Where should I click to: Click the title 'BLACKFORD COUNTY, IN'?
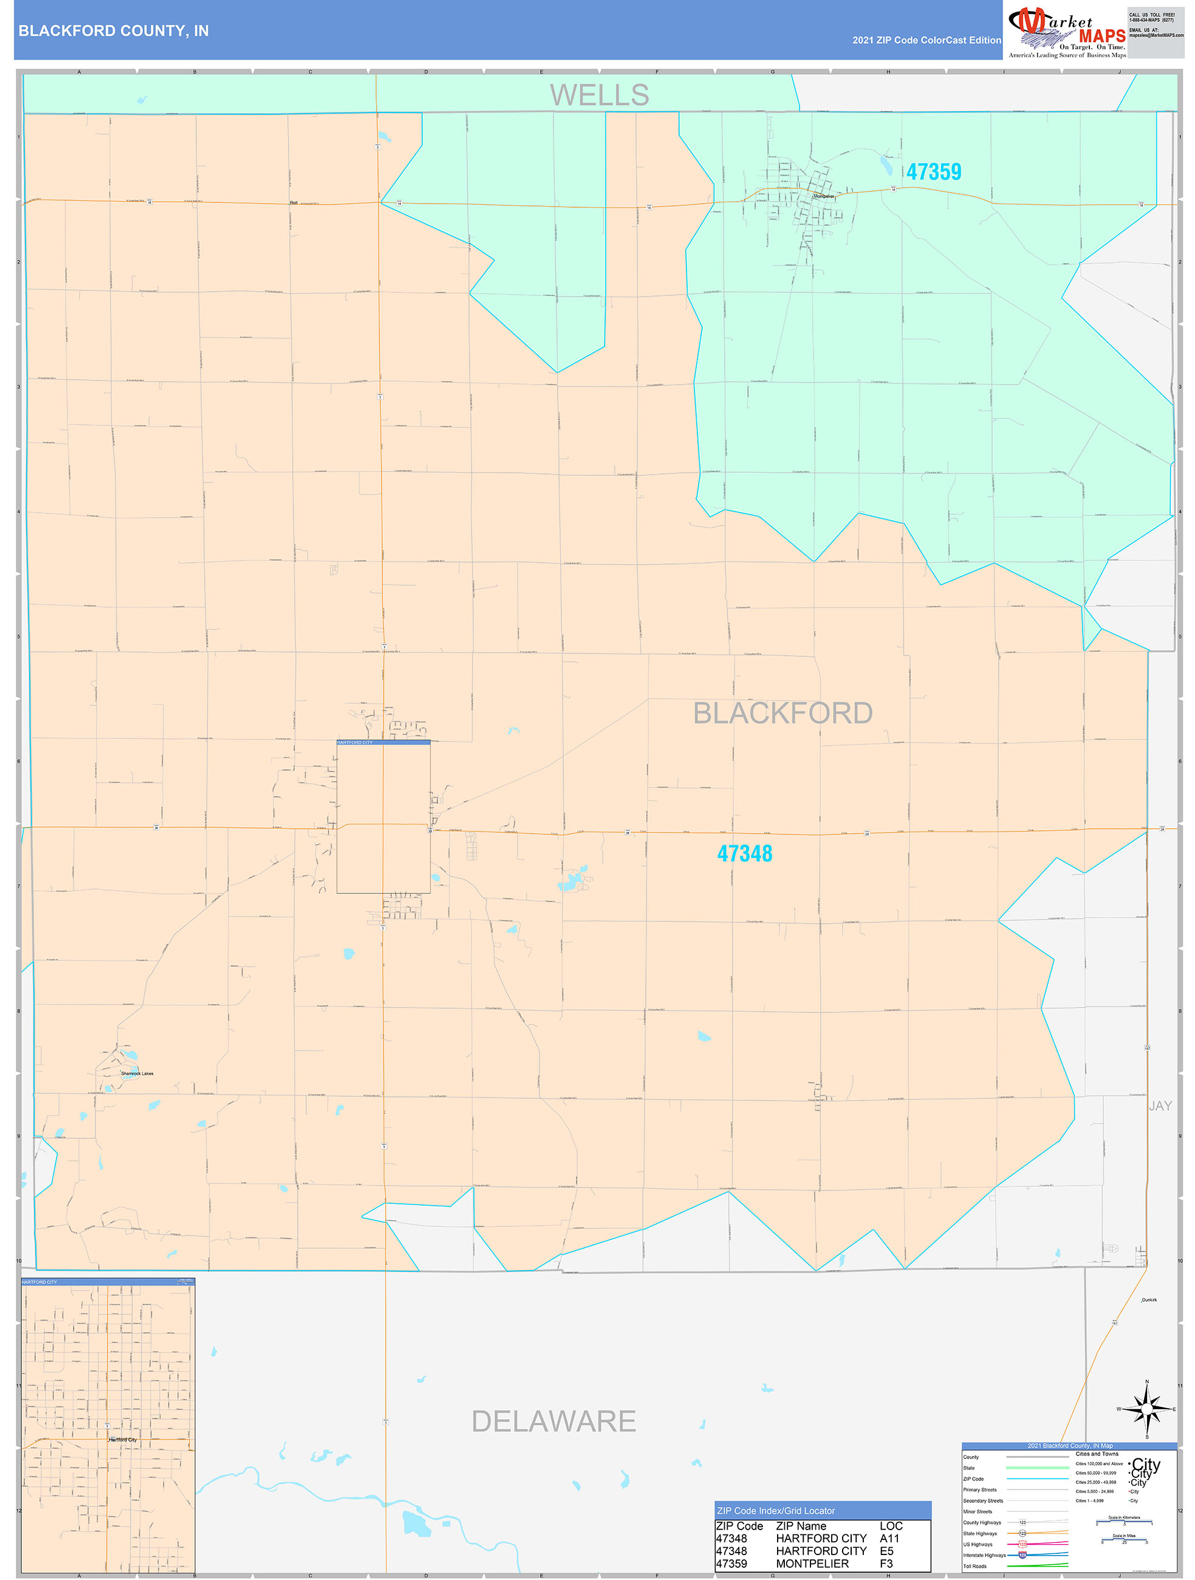point(114,31)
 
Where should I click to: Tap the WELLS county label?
point(598,95)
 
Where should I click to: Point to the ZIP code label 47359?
point(933,172)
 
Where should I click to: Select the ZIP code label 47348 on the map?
point(744,854)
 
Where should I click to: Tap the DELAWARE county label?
point(553,1421)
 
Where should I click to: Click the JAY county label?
point(1159,1106)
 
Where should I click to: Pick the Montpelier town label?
point(824,196)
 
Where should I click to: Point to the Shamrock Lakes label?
point(137,1074)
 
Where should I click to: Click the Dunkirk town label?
point(1149,1300)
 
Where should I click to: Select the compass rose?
point(1146,1409)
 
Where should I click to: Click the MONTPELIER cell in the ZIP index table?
point(812,1564)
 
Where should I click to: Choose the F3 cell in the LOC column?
point(886,1564)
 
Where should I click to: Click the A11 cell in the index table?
point(889,1539)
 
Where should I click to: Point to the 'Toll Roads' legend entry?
point(974,1567)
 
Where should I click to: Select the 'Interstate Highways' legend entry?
point(984,1555)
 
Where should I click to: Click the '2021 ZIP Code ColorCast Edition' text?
point(926,41)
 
